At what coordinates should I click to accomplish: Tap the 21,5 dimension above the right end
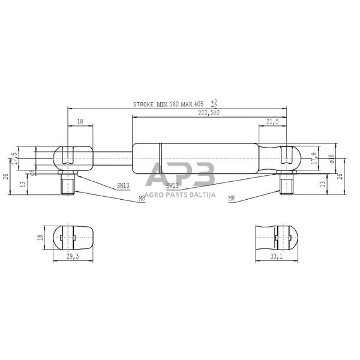click(x=272, y=122)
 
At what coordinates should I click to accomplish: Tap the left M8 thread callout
click(x=142, y=197)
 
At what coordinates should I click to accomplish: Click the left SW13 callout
click(x=124, y=186)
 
